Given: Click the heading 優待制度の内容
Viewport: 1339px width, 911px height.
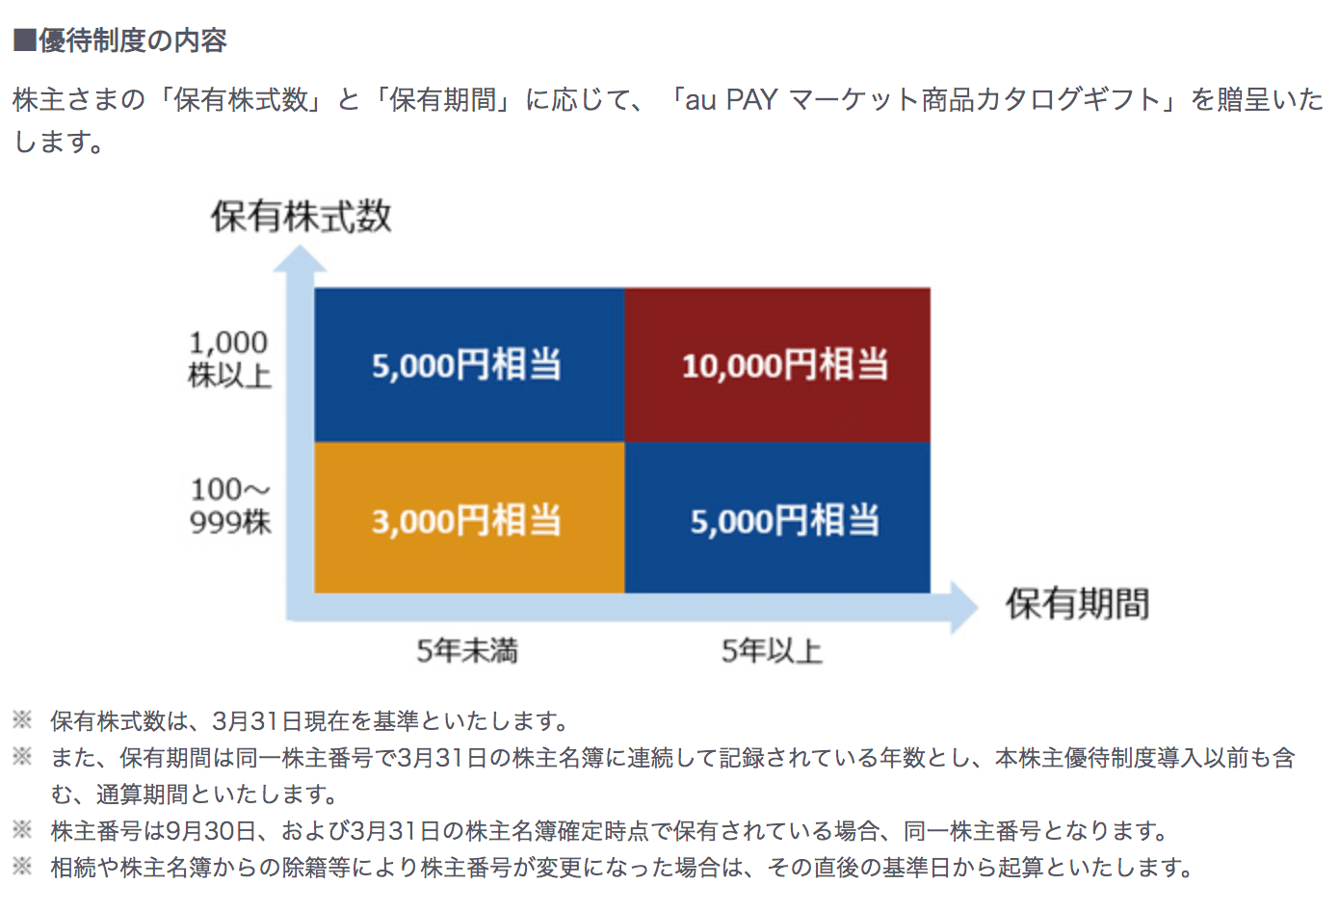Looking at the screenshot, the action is tap(133, 40).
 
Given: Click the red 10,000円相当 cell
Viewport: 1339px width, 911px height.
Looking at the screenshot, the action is tap(777, 365).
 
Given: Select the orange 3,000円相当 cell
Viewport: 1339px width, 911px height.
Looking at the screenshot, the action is tap(469, 518).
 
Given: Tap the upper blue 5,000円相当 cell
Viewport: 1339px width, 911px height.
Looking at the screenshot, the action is tap(469, 365).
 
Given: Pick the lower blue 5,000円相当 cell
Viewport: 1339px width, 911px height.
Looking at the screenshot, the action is tap(777, 518).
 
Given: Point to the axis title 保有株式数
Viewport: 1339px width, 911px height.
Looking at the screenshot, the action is tap(302, 216).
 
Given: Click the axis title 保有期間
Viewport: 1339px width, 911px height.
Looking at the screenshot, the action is tap(1077, 604).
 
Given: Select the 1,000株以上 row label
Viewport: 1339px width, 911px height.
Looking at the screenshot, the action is tap(229, 359).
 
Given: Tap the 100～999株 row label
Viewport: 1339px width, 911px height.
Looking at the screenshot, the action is tap(230, 506).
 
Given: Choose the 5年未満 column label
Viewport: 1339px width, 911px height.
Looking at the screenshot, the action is tap(467, 650).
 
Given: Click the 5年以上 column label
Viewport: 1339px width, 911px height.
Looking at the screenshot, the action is tap(772, 650).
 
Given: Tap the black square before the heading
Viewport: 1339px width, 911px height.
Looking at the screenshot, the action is tap(24, 40).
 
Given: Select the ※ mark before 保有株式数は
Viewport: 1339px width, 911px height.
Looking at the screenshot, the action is tap(22, 719).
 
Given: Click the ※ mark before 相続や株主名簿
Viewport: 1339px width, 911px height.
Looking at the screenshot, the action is tap(22, 866).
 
